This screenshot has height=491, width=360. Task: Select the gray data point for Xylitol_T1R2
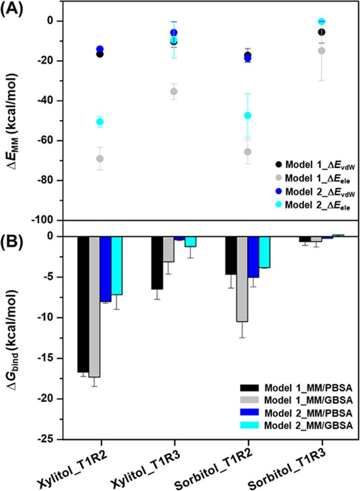(x=100, y=158)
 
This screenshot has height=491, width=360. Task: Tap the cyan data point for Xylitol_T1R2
(x=100, y=122)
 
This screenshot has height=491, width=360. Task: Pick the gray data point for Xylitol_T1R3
(x=174, y=91)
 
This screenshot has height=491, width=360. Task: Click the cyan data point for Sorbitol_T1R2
(x=247, y=116)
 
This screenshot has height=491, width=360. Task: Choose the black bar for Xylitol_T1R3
(x=157, y=263)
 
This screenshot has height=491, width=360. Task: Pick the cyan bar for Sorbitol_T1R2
(x=264, y=252)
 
